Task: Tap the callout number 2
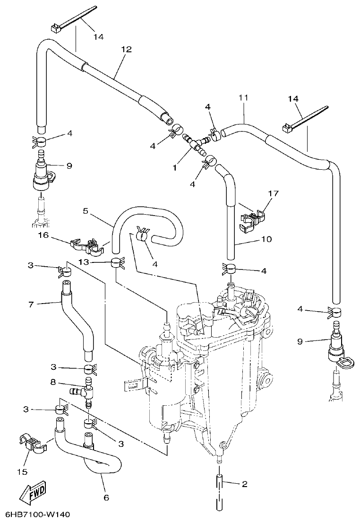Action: [244, 484]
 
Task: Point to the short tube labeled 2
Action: [218, 484]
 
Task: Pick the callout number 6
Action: [106, 497]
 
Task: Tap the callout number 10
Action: [266, 239]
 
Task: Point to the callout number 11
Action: [243, 98]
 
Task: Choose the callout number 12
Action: [126, 49]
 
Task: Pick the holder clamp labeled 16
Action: [88, 244]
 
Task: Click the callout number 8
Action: [53, 381]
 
